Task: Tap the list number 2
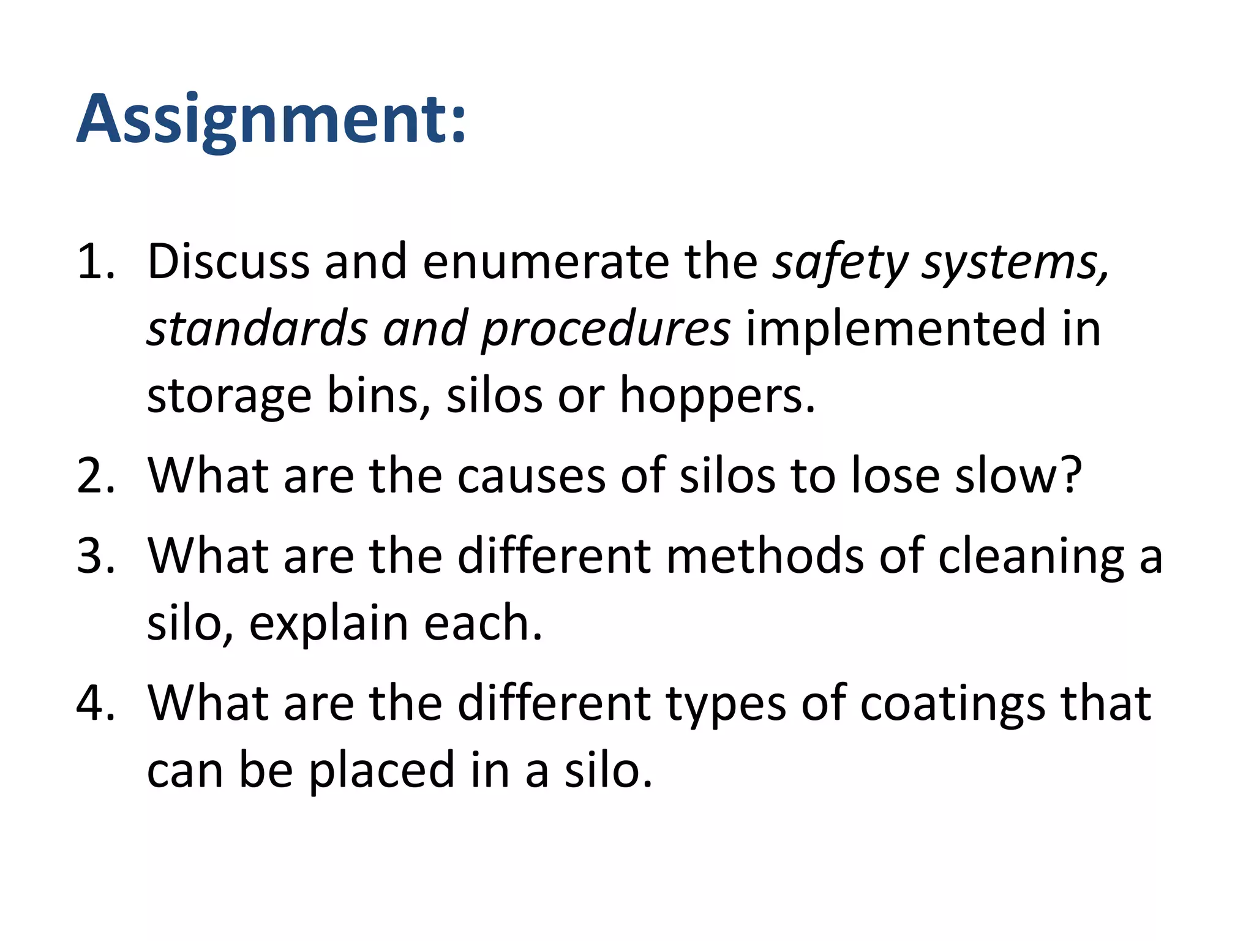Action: [95, 475]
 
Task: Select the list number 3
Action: [95, 556]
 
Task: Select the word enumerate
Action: [545, 262]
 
